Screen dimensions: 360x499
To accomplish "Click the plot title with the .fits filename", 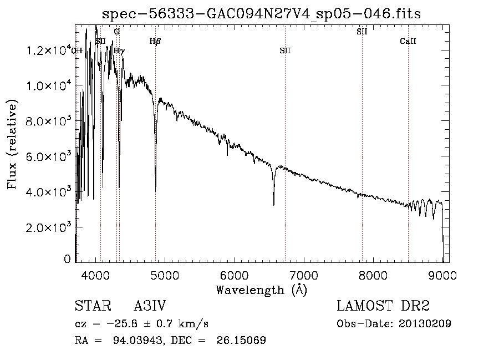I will point(262,13).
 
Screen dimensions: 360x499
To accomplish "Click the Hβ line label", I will point(155,41).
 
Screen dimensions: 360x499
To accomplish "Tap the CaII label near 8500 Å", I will point(408,41).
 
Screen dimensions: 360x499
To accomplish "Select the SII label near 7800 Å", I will point(361,32).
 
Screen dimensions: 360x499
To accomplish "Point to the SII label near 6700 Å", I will point(285,50).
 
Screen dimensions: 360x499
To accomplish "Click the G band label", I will point(116,32).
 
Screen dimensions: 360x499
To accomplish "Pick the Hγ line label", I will point(119,50).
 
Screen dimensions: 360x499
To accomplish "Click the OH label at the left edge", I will point(77,50).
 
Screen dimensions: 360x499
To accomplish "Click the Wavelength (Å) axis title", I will point(261,289).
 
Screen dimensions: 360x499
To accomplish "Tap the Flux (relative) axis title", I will point(12,144).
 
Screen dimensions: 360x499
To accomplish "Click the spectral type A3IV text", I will point(150,307).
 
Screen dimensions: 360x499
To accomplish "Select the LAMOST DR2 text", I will point(383,307).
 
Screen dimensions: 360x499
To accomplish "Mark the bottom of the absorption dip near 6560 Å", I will point(273,205).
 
